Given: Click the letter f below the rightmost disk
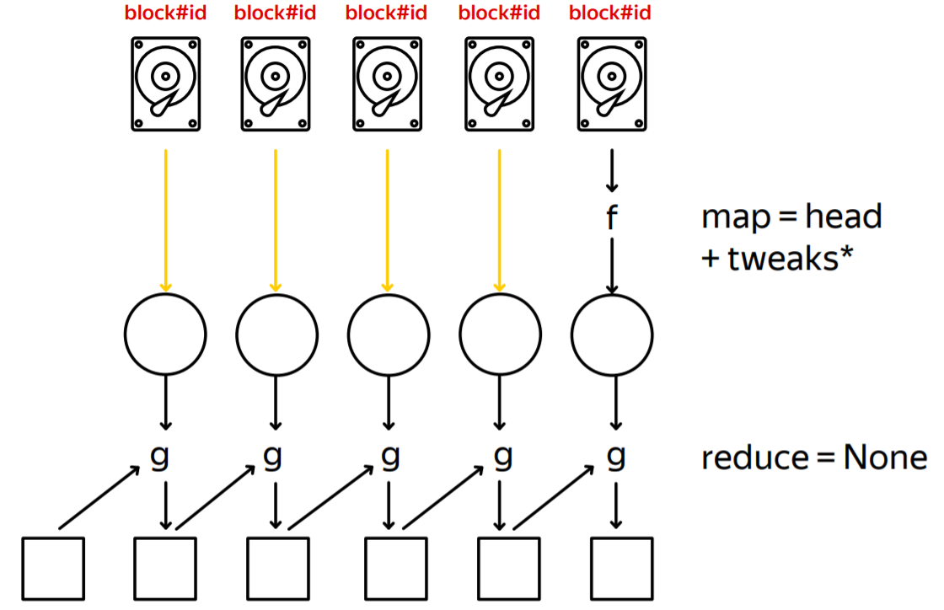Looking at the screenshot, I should (x=612, y=218).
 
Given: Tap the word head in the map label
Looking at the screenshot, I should (x=843, y=217).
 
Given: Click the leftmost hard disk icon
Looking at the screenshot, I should (x=166, y=84).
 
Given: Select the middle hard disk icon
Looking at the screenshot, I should (x=388, y=84).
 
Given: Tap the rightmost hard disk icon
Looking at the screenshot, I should (x=611, y=84).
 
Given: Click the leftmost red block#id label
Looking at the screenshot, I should (x=165, y=14).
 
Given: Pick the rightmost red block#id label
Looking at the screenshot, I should (x=610, y=14).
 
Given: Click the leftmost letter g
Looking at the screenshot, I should (x=160, y=457).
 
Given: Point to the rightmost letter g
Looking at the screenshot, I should (x=616, y=457).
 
